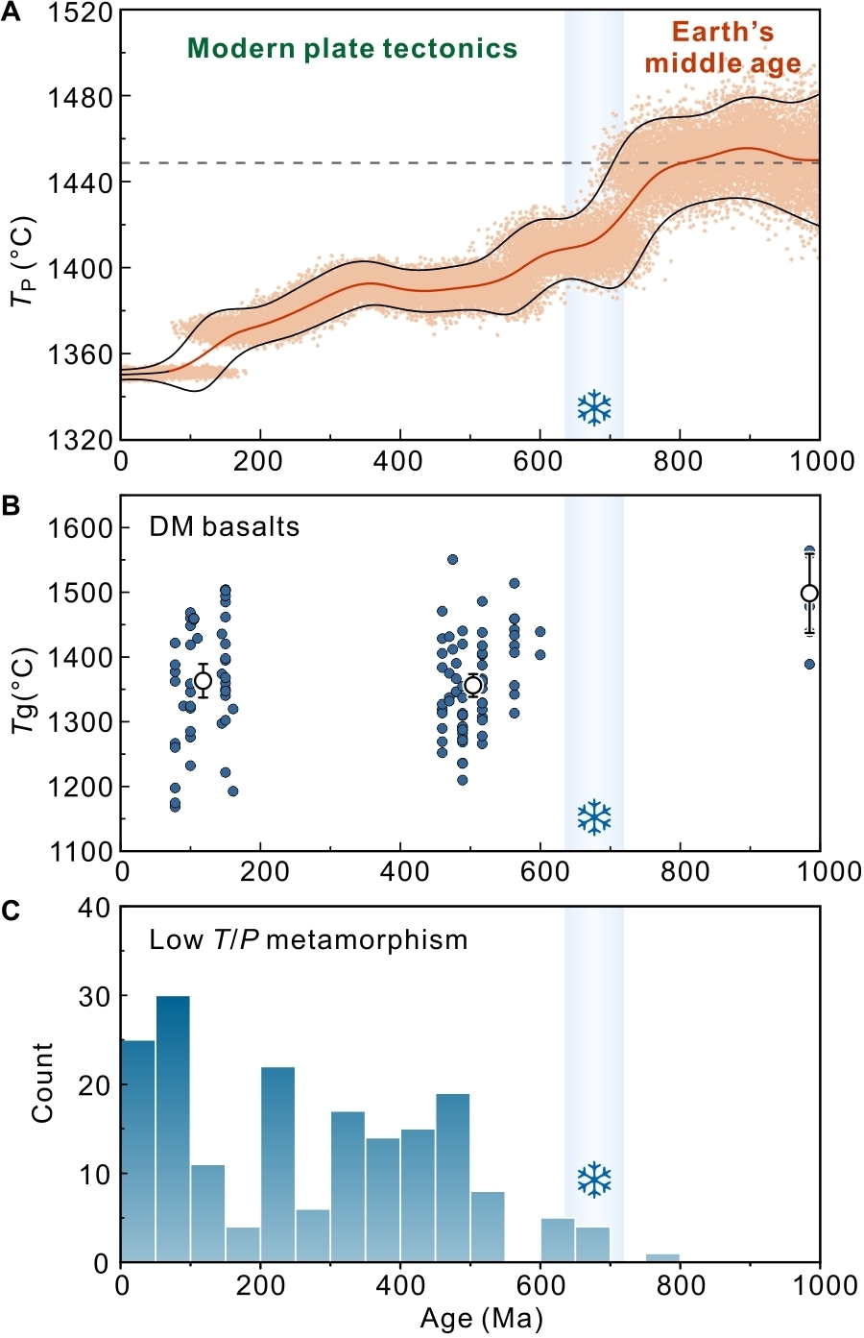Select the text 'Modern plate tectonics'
click(352, 49)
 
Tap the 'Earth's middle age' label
click(722, 48)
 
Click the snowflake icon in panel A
click(594, 408)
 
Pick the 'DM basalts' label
click(224, 526)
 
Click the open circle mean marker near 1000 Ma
click(809, 594)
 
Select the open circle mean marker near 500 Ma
click(472, 685)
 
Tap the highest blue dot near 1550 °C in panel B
click(452, 560)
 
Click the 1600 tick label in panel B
click(81, 528)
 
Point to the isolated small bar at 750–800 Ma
click(662, 1257)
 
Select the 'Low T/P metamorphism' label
click(308, 939)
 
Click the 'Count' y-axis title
click(42, 1082)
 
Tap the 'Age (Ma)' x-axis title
click(481, 1318)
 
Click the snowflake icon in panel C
click(594, 1180)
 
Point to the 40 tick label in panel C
click(94, 908)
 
